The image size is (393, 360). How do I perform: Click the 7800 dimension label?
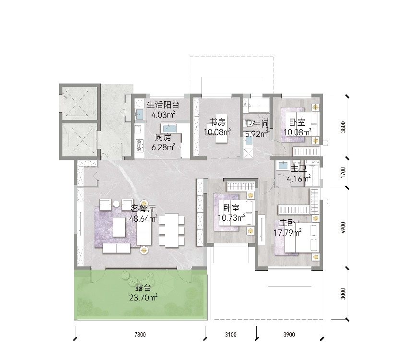coord(140,335)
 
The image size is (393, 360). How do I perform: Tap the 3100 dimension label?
coord(231,335)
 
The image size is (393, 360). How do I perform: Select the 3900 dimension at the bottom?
coord(289,335)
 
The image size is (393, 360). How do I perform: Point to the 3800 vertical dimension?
coord(343,127)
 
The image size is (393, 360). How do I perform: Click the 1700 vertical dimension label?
coord(343,172)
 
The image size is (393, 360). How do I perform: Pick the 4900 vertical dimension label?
coord(343,228)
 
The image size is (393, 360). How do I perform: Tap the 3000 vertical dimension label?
coord(343,294)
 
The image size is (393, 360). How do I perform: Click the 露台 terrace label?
coord(143,288)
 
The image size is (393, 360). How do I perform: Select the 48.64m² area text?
coord(143,218)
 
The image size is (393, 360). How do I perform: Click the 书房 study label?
coord(217,122)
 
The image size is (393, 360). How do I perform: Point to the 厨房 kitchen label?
coord(163,137)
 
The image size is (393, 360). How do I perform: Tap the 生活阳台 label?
coord(163,105)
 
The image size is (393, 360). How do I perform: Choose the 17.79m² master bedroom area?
coord(287,233)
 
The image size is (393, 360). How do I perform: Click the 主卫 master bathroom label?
coord(298,168)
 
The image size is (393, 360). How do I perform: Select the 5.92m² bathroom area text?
coord(257,134)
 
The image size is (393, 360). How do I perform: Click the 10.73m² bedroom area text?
coord(231,217)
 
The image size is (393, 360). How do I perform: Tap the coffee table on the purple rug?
coord(119,227)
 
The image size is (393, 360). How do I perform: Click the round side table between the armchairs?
coord(116,204)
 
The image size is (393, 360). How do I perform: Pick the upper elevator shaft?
coord(77,103)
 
